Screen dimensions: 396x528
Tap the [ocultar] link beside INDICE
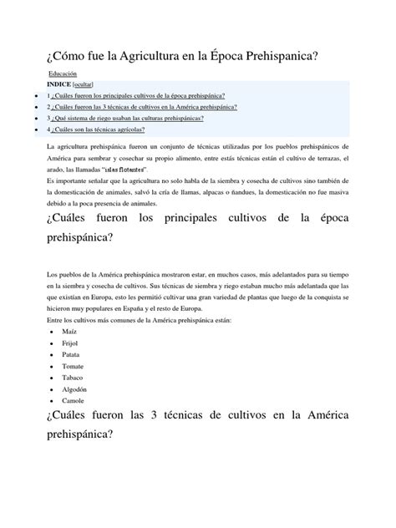89,85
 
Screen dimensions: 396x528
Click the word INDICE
59,85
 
